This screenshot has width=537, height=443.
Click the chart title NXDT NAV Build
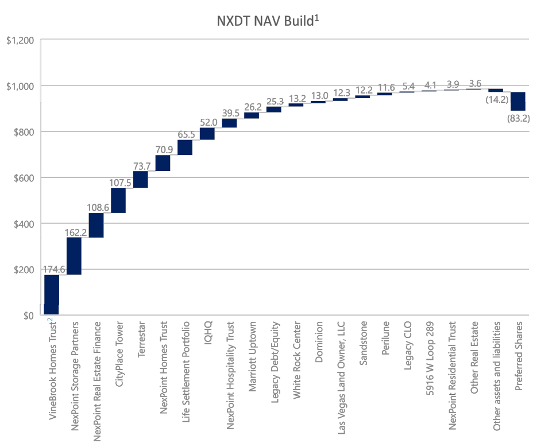pos(268,21)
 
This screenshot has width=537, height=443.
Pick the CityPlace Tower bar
pos(118,200)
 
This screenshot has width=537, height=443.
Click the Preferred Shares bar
pos(518,101)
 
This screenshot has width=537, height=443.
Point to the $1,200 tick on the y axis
pos(20,40)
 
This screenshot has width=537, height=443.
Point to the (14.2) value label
pos(496,99)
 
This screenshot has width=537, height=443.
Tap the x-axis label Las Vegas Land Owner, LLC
pos(341,370)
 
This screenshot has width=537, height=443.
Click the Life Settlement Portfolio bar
pos(185,147)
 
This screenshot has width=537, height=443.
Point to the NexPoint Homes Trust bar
pos(163,163)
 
